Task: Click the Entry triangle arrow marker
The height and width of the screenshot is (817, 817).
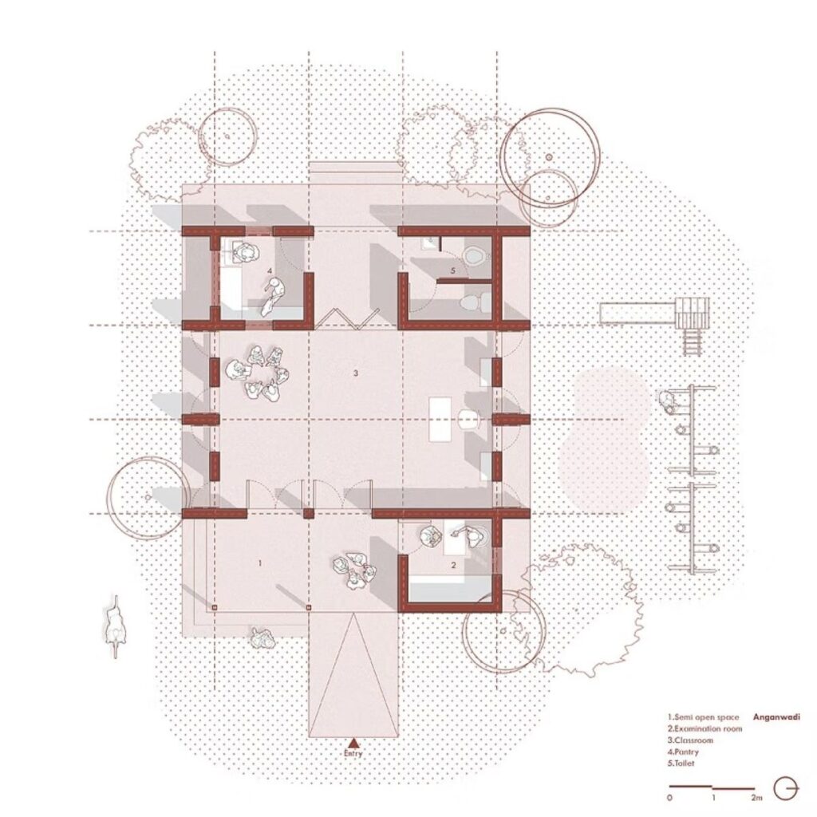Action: (353, 743)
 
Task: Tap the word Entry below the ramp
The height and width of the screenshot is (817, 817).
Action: (353, 753)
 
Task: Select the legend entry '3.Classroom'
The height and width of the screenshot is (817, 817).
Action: (690, 740)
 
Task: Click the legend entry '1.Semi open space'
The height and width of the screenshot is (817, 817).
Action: (704, 717)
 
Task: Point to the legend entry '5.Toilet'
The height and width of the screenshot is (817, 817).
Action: (681, 764)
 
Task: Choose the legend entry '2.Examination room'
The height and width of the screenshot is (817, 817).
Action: (705, 728)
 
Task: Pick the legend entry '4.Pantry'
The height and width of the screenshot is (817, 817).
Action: (683, 752)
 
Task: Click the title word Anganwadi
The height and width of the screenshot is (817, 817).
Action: (776, 717)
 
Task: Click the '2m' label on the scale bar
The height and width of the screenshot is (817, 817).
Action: (756, 797)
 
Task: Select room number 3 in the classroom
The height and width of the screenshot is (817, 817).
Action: (356, 373)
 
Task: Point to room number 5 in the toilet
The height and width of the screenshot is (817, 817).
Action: (453, 270)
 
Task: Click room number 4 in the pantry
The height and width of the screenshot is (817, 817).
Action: (270, 270)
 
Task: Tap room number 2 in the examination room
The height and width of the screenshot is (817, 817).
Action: (453, 565)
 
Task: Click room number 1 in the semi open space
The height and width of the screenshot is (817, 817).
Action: (260, 563)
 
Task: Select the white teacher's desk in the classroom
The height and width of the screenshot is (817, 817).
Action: (440, 420)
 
